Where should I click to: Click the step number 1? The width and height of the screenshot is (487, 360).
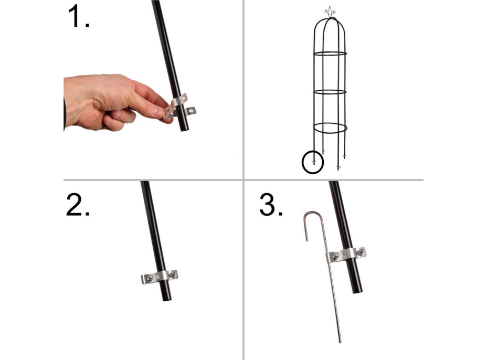[x=78, y=17]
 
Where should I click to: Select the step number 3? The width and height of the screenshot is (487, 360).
[x=271, y=205]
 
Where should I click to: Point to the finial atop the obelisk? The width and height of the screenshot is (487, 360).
[x=330, y=11]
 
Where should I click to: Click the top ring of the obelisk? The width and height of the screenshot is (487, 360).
[x=331, y=54]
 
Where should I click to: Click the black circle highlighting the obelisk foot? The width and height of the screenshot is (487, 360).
[x=313, y=163]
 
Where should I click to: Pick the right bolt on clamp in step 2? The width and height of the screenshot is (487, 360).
[x=171, y=275]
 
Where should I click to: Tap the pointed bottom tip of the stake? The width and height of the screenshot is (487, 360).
[x=340, y=341]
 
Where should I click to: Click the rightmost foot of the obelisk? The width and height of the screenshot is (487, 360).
[x=345, y=156]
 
